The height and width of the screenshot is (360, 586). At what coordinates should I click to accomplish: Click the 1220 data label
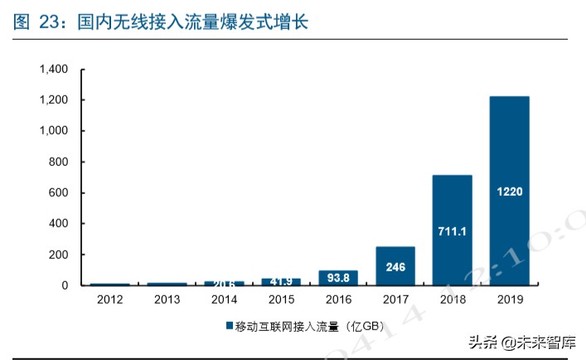pos(509,191)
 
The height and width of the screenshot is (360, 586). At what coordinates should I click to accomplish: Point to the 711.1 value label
pos(452,231)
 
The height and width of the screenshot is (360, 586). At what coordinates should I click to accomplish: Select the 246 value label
pos(395,267)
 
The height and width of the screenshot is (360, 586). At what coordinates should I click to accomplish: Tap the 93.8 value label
pos(338,276)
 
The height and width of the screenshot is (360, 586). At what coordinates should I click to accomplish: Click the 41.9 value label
pos(281,282)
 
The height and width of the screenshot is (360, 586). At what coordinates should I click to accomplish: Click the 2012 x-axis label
pos(109,299)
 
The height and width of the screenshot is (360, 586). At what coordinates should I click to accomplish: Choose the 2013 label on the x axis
pos(167,299)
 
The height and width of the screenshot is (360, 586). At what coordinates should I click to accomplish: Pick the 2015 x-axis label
pos(281,299)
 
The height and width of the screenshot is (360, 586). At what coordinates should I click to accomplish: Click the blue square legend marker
pos(229,326)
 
